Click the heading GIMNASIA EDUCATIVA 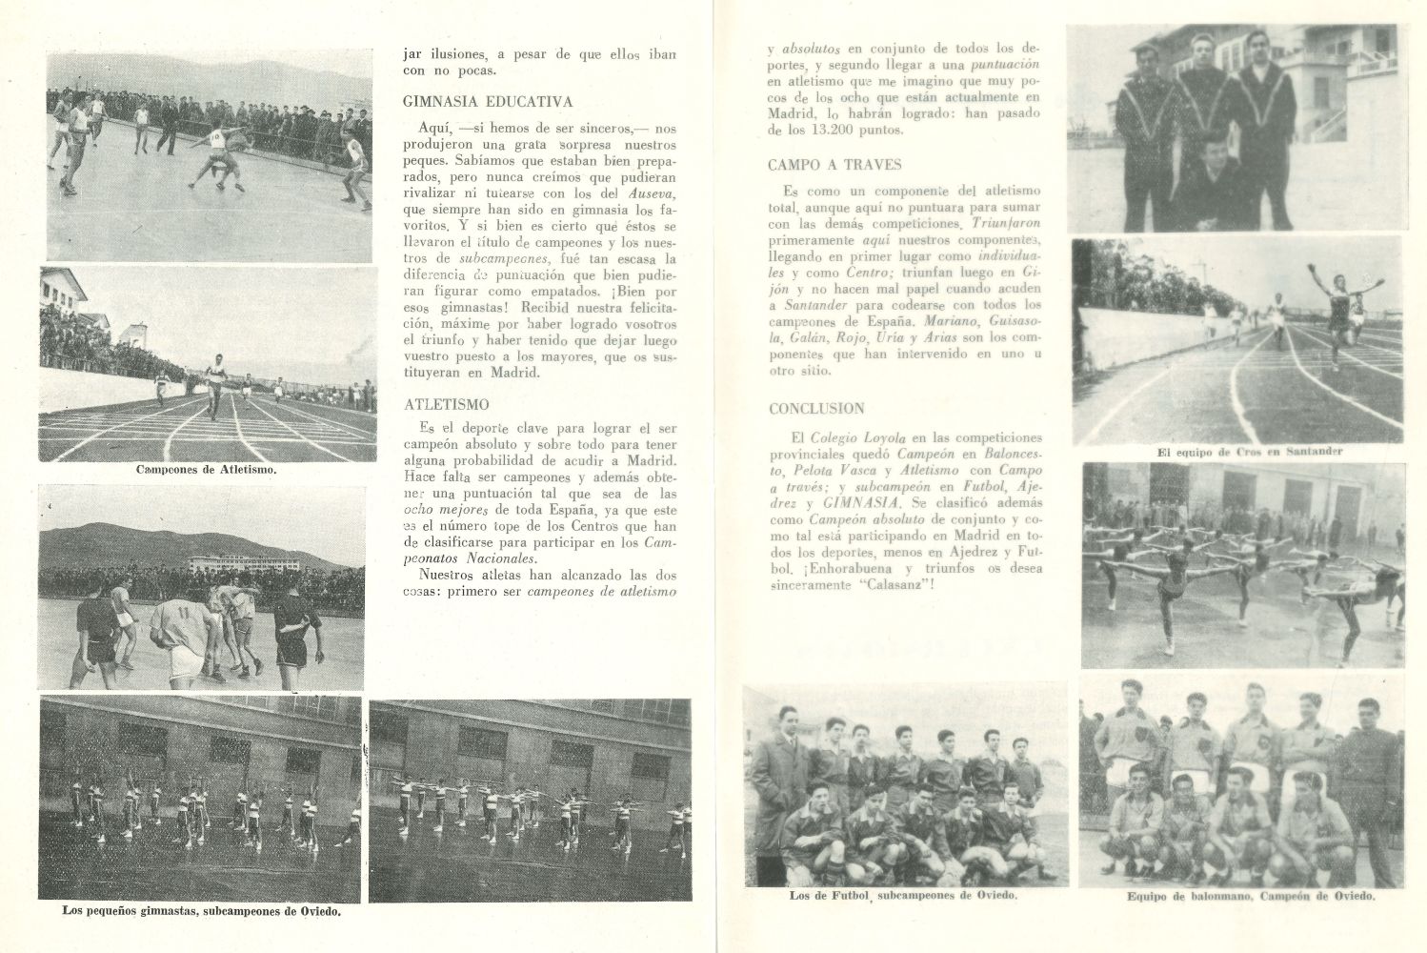tap(488, 101)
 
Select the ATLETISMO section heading tap(446, 404)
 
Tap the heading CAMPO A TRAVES tap(834, 165)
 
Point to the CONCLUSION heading tap(816, 409)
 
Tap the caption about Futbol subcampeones tap(903, 896)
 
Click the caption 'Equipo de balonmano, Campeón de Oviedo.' tap(1250, 897)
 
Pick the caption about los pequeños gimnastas tap(201, 911)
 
